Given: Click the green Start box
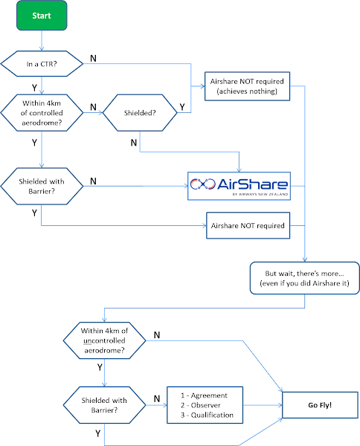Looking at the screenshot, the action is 42,16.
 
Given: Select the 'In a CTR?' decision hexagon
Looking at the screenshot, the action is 42,64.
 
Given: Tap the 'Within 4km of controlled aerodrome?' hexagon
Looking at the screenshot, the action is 42,113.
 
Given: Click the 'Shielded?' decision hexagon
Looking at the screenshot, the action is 140,113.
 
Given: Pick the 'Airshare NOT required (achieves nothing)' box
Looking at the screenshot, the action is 247,86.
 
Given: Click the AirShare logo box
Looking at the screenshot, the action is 239,186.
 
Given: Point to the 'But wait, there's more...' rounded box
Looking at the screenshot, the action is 304,278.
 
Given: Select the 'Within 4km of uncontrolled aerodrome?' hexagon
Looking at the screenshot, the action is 104,340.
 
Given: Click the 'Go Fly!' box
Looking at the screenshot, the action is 320,405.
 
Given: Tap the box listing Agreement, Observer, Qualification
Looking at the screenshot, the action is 205,405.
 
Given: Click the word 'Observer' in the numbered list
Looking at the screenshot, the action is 206,405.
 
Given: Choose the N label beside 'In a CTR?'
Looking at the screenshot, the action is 93,58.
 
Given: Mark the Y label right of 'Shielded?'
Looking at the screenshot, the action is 182,107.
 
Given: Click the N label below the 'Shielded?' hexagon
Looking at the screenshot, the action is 134,143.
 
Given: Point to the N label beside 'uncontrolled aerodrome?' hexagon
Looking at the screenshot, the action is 157,335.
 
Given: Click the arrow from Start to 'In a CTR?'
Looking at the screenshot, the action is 42,41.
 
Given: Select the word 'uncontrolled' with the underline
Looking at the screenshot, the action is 104,340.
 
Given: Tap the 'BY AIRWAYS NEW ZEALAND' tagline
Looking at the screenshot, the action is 260,194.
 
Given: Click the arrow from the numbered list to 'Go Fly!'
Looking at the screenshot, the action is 263,405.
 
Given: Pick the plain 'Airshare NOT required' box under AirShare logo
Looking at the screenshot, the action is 248,225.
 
